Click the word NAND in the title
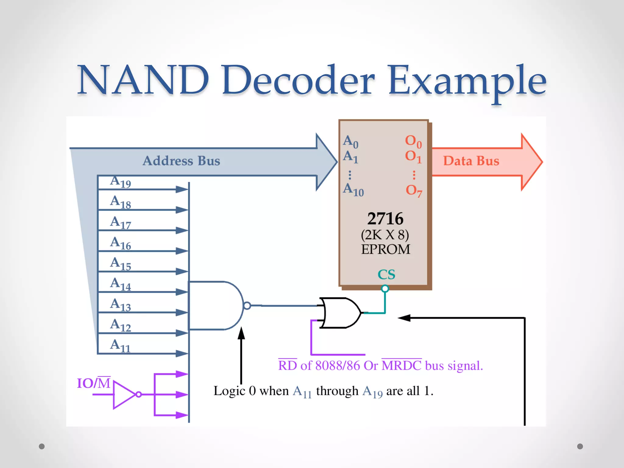[143, 80]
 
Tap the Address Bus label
[181, 161]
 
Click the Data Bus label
[471, 161]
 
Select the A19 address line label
[120, 182]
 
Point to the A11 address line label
[120, 346]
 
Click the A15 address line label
[120, 264]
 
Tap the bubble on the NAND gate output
[247, 305]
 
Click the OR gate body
[340, 313]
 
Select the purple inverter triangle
[123, 395]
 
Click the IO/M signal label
[94, 383]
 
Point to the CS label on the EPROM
[386, 275]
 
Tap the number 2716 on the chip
[385, 218]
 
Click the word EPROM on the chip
[385, 249]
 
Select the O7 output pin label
[414, 191]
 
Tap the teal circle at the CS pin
[385, 288]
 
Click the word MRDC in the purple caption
[402, 365]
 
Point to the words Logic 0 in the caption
[234, 391]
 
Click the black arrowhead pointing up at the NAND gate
[241, 333]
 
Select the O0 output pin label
[413, 141]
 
